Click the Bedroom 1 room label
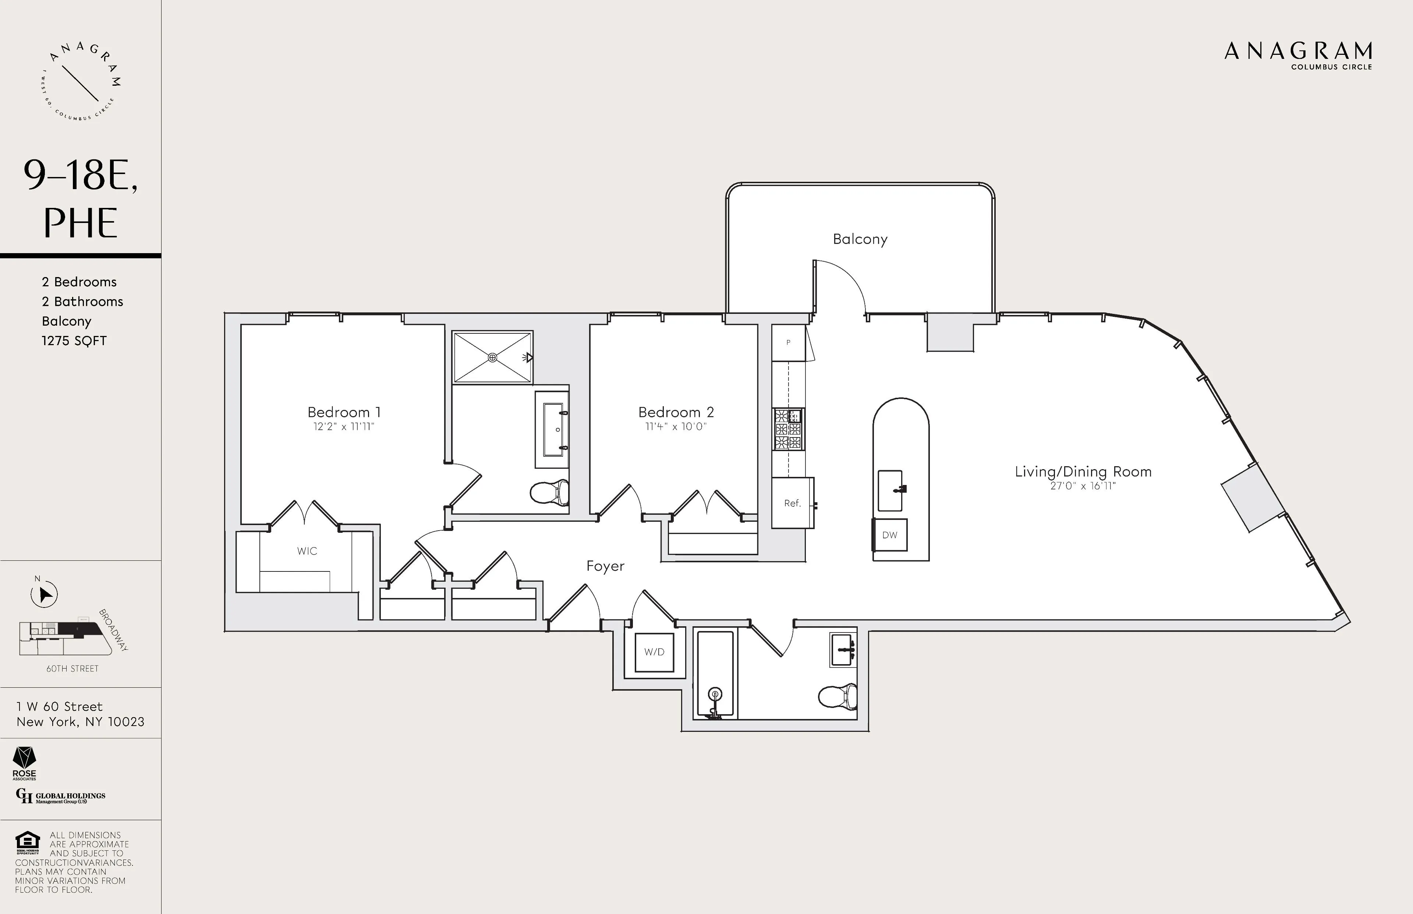pos(344,412)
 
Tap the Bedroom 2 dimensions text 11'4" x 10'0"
pos(676,427)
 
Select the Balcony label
pos(860,239)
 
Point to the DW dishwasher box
pos(890,535)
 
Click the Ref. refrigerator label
pos(792,503)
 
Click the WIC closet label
pos(307,551)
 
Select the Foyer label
pos(605,566)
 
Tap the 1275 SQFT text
pos(74,341)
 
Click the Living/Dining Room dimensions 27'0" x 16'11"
pos(1083,486)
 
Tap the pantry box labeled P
pos(788,343)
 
